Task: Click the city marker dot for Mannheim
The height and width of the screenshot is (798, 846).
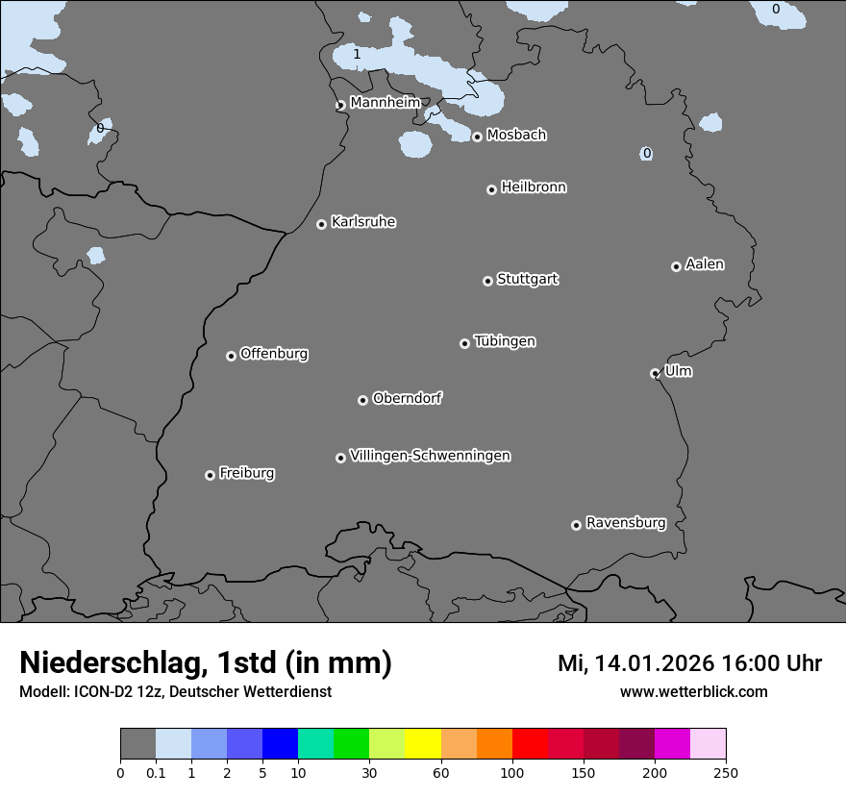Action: pyautogui.click(x=340, y=106)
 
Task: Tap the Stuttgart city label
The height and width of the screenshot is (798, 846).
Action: pyautogui.click(x=527, y=279)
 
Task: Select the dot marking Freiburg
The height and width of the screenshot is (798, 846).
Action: pyautogui.click(x=210, y=475)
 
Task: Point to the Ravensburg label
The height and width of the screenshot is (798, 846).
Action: pyautogui.click(x=625, y=523)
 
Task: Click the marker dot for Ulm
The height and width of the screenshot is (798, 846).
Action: pyautogui.click(x=655, y=373)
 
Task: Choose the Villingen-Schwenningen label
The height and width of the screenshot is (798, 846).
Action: pyautogui.click(x=430, y=456)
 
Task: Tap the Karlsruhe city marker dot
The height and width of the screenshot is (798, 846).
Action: pyautogui.click(x=321, y=224)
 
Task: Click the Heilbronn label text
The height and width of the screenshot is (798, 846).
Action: pyautogui.click(x=534, y=187)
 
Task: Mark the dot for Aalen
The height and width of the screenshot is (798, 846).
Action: pyautogui.click(x=676, y=266)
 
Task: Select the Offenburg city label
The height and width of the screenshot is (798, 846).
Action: pyautogui.click(x=274, y=354)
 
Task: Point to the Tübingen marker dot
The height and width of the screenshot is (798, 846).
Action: pyautogui.click(x=464, y=343)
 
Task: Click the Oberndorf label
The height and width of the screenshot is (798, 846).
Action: pyautogui.click(x=407, y=398)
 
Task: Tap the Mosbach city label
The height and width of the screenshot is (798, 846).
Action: pyautogui.click(x=516, y=136)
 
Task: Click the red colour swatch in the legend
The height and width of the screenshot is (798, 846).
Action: pyautogui.click(x=530, y=744)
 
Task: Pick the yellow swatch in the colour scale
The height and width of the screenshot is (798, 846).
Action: pyautogui.click(x=423, y=744)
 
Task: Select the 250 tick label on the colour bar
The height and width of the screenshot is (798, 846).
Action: pyautogui.click(x=725, y=771)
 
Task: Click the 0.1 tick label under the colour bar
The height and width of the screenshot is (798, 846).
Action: pyautogui.click(x=156, y=771)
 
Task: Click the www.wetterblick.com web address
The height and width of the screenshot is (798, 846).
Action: pyautogui.click(x=693, y=691)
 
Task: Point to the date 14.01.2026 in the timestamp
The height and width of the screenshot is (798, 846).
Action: pyautogui.click(x=648, y=663)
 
